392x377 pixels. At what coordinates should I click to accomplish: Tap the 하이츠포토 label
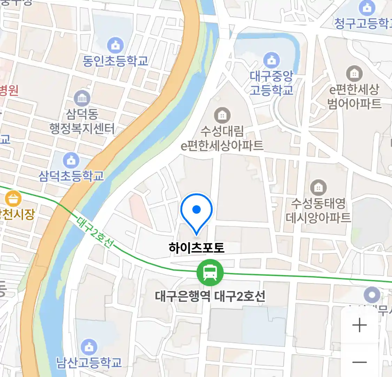pos(197,247)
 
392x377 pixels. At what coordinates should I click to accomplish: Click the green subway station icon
pos(210,273)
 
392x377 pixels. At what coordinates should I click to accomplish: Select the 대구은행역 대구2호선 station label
pos(210,296)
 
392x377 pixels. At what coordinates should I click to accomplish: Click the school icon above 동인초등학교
pos(115,45)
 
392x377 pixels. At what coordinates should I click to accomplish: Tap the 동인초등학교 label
pos(115,61)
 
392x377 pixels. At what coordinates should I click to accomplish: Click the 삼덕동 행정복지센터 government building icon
pos(82,98)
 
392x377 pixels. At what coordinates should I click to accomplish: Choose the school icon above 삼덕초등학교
pos(71,160)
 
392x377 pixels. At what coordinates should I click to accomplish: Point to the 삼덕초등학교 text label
pos(71,176)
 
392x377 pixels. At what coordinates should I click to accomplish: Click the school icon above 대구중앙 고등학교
pos(271,60)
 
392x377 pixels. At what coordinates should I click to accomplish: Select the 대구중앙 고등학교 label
pos(271,83)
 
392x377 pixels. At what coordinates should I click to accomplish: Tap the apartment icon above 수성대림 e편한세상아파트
pos(222,115)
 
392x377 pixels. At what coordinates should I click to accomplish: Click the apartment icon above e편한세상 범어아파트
pos(354,74)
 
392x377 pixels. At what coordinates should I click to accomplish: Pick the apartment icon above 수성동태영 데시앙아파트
pos(318,188)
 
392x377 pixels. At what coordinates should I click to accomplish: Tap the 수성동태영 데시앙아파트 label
pos(318,210)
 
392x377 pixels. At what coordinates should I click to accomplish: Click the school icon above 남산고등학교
pos(89,347)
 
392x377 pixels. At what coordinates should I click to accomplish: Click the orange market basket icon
pos(13,199)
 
